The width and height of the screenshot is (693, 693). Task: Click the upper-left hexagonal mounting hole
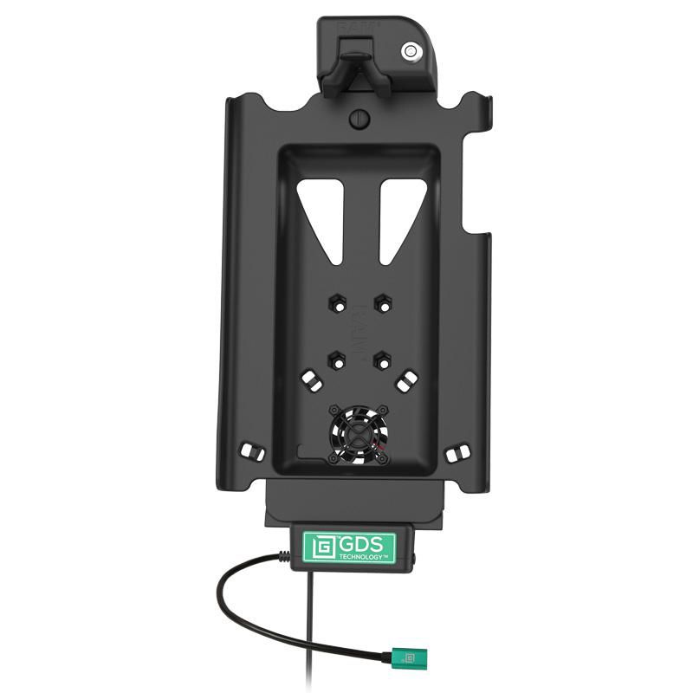pyautogui.click(x=336, y=303)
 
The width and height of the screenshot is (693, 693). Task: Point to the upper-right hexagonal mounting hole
pyautogui.click(x=380, y=303)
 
